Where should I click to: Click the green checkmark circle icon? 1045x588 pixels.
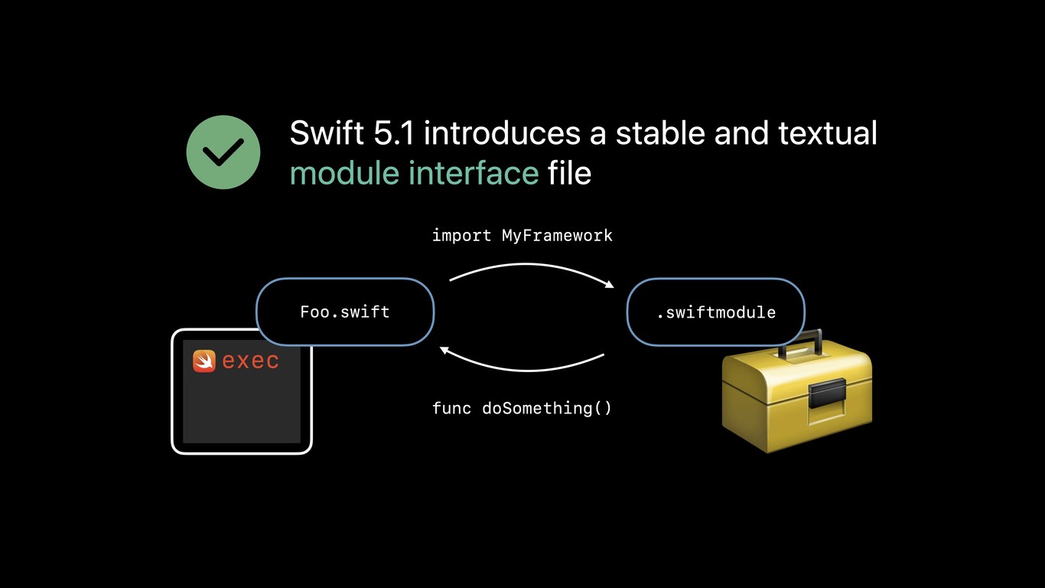pyautogui.click(x=223, y=152)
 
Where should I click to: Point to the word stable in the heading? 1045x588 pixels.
pyautogui.click(x=659, y=133)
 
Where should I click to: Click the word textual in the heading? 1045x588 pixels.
pyautogui.click(x=828, y=133)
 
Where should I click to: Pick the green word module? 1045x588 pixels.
pyautogui.click(x=345, y=173)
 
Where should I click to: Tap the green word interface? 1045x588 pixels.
pyautogui.click(x=474, y=173)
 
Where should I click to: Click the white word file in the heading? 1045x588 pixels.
pyautogui.click(x=569, y=173)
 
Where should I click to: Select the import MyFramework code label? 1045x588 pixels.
pyautogui.click(x=522, y=236)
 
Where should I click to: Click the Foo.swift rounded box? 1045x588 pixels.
pyautogui.click(x=345, y=312)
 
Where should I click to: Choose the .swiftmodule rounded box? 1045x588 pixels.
pyautogui.click(x=716, y=312)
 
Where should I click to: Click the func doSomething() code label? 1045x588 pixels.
pyautogui.click(x=522, y=408)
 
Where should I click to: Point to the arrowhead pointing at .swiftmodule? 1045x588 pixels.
pyautogui.click(x=610, y=285)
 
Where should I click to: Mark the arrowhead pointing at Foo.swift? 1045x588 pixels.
pyautogui.click(x=444, y=350)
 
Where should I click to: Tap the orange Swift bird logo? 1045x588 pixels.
pyautogui.click(x=204, y=361)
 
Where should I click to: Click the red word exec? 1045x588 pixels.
pyautogui.click(x=250, y=361)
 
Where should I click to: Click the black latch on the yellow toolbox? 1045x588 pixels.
pyautogui.click(x=827, y=393)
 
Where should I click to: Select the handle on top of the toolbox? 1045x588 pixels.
pyautogui.click(x=800, y=339)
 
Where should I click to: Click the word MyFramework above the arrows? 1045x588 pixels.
pyautogui.click(x=557, y=236)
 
